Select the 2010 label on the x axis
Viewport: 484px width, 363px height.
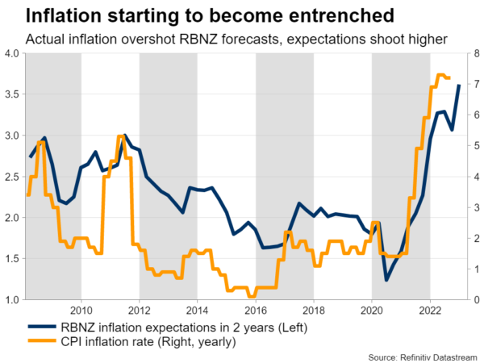coord(81,311)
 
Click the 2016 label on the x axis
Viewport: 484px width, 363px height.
coord(256,311)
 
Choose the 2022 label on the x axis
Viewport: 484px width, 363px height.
coord(430,311)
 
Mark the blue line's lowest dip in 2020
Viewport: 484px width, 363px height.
coord(386,280)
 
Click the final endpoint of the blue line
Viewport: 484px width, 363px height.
coord(459,86)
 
